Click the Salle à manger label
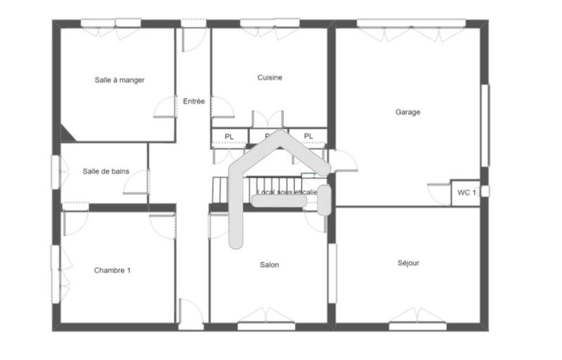coord(119,80)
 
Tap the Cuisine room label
coord(270,77)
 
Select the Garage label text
coord(407,112)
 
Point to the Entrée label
coord(194,101)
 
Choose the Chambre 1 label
coord(112,270)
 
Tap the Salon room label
coord(269,265)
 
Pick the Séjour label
coord(407,263)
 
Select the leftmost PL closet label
coord(229,136)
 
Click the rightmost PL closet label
coord(308,136)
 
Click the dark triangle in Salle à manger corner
coord(67,133)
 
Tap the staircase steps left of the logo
coord(221,189)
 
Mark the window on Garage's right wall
coord(485,125)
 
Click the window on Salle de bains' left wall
coord(55,172)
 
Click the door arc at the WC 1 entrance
coord(440,194)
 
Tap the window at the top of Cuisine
coord(270,23)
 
